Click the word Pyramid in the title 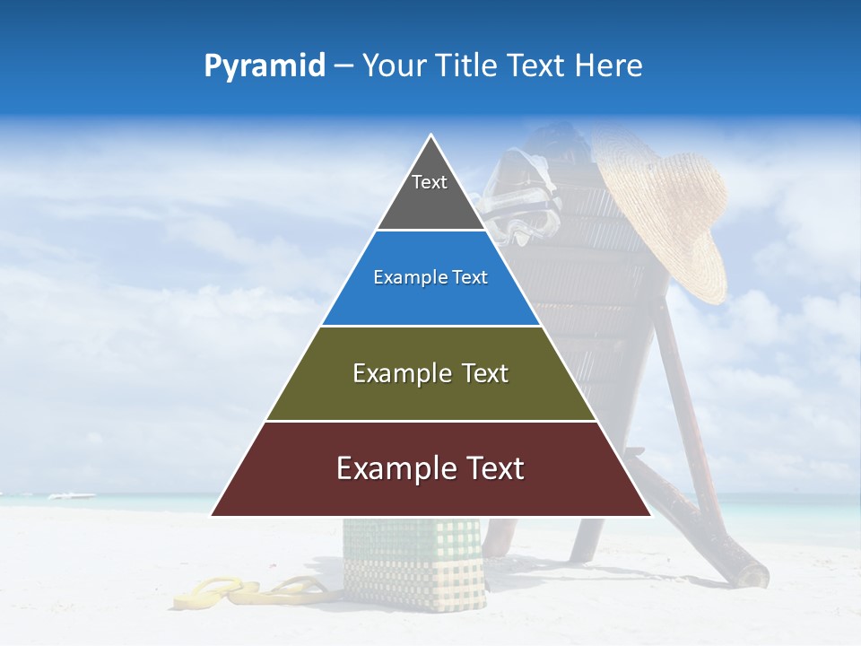(265, 66)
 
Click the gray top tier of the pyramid (430, 202)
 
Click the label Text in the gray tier (430, 182)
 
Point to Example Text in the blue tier (430, 277)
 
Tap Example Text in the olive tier (430, 373)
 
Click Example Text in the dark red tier (430, 468)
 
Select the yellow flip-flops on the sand (251, 592)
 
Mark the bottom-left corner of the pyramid (212, 515)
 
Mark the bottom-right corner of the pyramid (650, 515)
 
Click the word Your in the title (392, 65)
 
